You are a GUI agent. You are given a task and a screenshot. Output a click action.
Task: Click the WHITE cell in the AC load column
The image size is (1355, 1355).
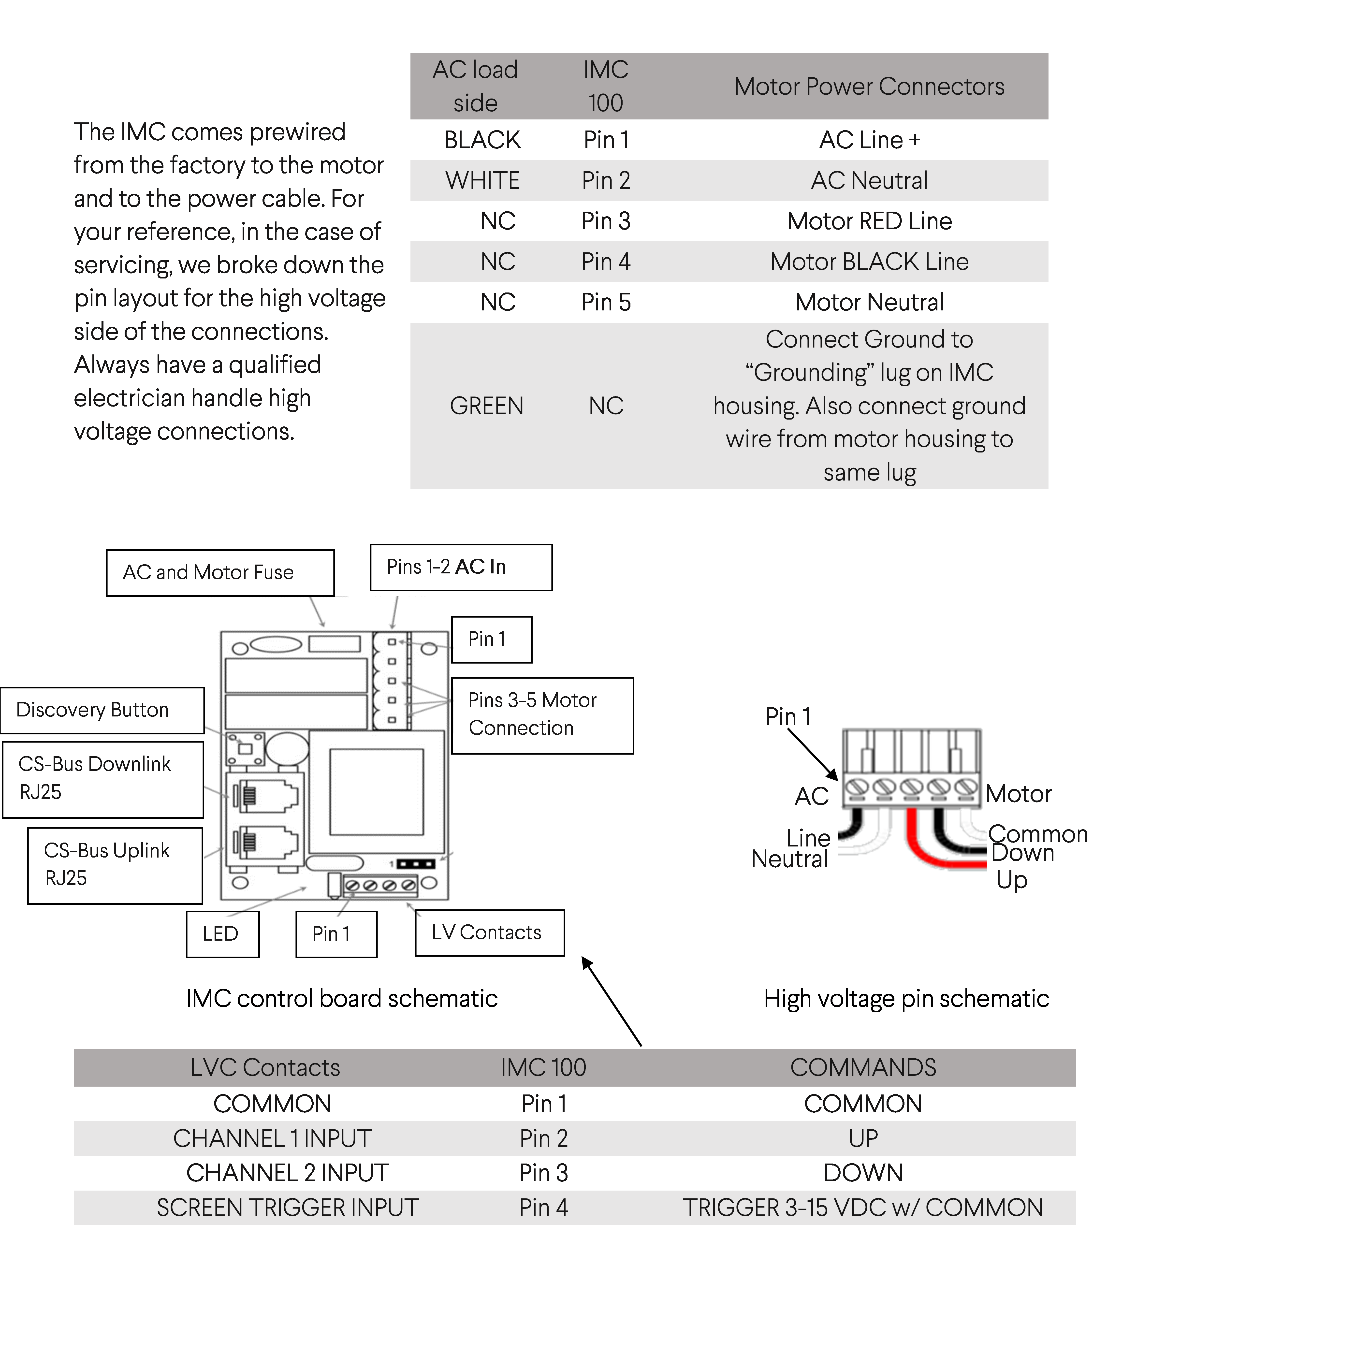click(482, 181)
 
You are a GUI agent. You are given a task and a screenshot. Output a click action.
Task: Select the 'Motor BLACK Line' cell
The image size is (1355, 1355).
click(869, 262)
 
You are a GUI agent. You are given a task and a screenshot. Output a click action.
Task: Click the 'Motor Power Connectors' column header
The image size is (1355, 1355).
click(869, 86)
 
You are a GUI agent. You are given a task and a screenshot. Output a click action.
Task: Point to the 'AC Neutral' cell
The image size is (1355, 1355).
click(869, 181)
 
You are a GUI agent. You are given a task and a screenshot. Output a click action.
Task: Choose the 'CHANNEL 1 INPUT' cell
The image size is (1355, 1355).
click(272, 1138)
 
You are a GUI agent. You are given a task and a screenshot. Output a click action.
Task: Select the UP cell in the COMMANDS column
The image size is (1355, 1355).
click(863, 1138)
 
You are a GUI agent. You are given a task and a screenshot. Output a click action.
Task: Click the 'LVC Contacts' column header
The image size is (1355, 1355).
click(265, 1067)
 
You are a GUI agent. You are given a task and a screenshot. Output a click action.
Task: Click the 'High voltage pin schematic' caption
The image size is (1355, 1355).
click(906, 999)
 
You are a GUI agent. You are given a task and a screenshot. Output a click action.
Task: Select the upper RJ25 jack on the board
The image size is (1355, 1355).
click(265, 796)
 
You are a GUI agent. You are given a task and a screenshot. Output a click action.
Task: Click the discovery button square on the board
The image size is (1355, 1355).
click(245, 748)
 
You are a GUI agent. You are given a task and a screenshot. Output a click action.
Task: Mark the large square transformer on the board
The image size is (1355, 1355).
click(377, 792)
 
